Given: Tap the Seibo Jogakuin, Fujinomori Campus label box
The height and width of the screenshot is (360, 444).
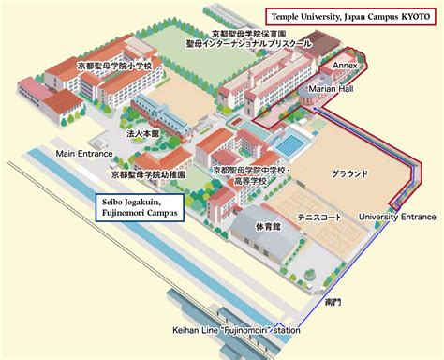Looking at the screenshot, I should click(142, 207).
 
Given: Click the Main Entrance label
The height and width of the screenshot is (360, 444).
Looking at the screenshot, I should click(84, 153).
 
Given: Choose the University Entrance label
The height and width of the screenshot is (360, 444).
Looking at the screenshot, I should click(397, 217).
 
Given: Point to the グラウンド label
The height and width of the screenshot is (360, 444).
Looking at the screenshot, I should click(349, 174).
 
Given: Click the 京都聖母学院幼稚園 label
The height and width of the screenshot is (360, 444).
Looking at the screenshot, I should click(148, 174).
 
